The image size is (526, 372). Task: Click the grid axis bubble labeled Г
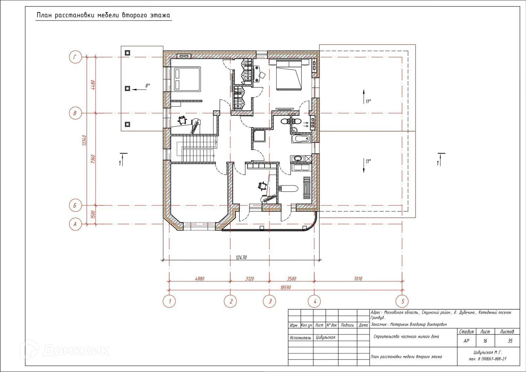75,57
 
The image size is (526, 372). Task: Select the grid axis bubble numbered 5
403,301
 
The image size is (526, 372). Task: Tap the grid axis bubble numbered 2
230,301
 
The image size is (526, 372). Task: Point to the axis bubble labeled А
75,224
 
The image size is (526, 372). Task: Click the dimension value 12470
241,257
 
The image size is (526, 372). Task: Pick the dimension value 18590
285,287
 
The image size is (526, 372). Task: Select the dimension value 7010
358,279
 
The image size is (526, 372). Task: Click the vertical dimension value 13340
84,140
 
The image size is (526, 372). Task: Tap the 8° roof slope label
148,86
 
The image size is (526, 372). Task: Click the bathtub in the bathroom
300,139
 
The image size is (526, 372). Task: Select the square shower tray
259,136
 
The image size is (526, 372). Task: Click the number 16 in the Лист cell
485,341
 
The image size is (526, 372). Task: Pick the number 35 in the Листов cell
510,341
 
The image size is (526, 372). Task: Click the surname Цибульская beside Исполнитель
325,337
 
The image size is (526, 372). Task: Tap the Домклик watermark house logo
30,349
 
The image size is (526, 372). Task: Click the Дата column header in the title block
363,325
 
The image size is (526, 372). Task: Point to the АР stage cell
466,341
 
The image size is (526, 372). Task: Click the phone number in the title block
488,359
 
